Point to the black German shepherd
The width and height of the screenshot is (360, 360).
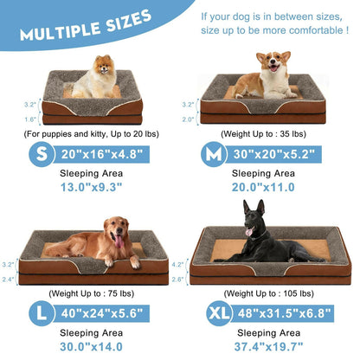264,235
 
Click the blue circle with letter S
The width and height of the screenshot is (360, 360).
37,156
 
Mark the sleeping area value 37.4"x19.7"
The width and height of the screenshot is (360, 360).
271,344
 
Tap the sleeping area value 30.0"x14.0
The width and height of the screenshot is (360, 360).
90,344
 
